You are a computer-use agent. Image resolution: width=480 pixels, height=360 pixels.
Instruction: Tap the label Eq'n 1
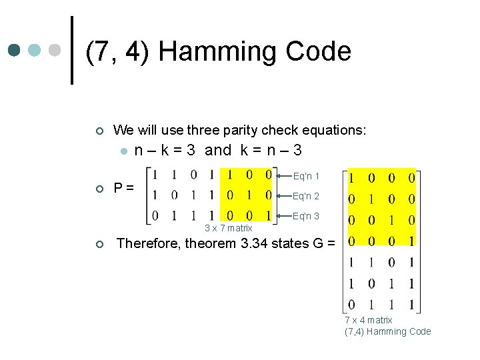tap(306, 177)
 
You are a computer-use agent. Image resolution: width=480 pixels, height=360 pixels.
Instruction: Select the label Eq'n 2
tap(306, 196)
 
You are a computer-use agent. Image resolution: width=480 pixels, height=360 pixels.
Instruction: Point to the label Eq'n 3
tap(306, 216)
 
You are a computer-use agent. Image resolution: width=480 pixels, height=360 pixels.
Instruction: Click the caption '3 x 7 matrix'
tap(228, 229)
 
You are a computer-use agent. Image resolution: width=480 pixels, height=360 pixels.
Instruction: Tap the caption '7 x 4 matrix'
tap(369, 320)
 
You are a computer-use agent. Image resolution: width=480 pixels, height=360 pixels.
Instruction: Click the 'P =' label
tap(123, 188)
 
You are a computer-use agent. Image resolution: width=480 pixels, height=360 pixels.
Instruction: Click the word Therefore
tap(148, 243)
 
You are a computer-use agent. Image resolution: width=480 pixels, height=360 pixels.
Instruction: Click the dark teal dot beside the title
tap(14, 50)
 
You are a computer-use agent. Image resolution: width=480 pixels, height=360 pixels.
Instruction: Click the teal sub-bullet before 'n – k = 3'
tap(123, 151)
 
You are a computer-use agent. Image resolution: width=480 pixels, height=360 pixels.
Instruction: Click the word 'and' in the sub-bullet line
tap(218, 150)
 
